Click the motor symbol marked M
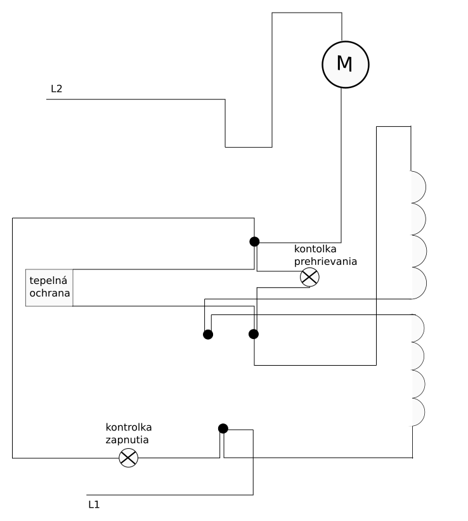[x=344, y=63]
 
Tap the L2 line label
[x=56, y=89]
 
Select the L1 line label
[x=94, y=505]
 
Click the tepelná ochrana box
[x=49, y=288]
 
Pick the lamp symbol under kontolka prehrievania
[x=309, y=276]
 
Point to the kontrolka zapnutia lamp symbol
[x=129, y=458]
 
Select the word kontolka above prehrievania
[x=315, y=248]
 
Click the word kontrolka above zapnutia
[x=129, y=427]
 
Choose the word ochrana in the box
[x=49, y=294]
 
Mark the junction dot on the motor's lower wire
[x=254, y=241]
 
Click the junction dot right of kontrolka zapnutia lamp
[x=223, y=428]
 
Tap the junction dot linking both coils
[x=207, y=334]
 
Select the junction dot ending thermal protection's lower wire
[x=254, y=333]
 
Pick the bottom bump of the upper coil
[x=418, y=283]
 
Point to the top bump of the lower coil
[x=418, y=328]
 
